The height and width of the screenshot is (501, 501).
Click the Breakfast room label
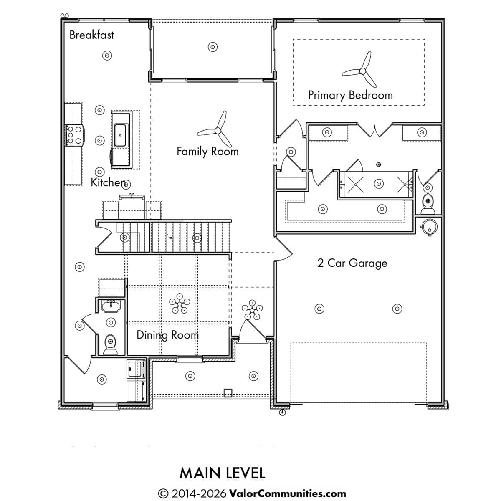[91, 35]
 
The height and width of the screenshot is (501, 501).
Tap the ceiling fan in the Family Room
[218, 131]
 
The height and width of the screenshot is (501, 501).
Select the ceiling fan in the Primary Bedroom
[362, 71]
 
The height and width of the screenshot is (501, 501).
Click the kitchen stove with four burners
[75, 135]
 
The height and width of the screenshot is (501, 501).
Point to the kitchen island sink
[120, 135]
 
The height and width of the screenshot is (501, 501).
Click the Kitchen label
[108, 182]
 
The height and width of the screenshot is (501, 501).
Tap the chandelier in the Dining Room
[180, 303]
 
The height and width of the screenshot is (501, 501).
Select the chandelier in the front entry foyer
[252, 310]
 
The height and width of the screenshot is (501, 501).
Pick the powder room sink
[111, 306]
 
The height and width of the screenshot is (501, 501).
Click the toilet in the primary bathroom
[428, 204]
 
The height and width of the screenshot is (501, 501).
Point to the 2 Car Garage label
[352, 263]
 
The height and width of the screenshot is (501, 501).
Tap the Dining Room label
[168, 335]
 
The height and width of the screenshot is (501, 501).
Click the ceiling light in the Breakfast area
[107, 56]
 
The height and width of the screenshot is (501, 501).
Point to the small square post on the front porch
[228, 393]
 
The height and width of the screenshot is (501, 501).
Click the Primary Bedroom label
[350, 95]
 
